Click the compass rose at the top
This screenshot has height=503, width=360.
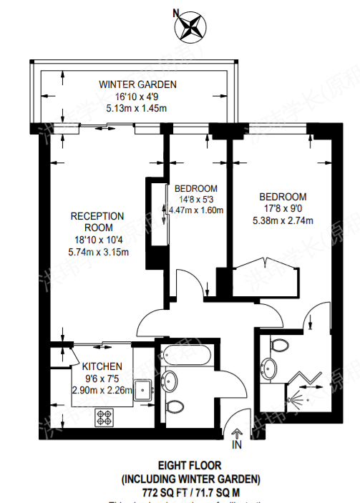[x=190, y=28]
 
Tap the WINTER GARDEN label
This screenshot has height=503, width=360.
[x=137, y=84]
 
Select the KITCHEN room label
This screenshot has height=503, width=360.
[x=102, y=366]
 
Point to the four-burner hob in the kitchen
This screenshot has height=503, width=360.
[x=104, y=416]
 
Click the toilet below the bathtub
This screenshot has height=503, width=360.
[x=172, y=406]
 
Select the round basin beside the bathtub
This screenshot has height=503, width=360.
[x=170, y=380]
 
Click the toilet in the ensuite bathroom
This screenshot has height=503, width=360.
[x=279, y=346]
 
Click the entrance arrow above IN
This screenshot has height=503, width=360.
[x=237, y=432]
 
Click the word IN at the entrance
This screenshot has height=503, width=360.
[x=237, y=446]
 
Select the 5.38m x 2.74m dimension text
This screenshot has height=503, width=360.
[x=283, y=220]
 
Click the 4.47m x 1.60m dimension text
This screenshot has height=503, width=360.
[x=196, y=210]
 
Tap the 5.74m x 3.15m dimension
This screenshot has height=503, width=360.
[x=98, y=251]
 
